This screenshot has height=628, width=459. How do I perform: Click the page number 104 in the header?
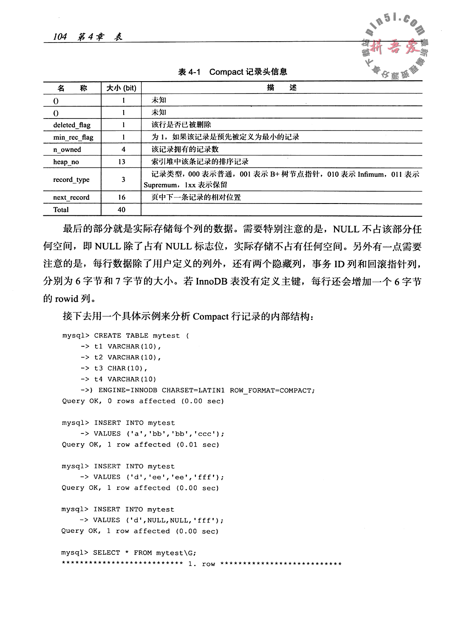pos(60,37)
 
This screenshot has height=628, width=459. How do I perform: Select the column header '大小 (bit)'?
pos(121,88)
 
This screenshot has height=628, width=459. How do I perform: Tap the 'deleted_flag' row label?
pos(72,125)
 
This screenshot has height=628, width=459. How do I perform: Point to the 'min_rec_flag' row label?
pos(73,137)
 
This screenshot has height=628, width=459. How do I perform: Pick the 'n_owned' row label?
pos(67,150)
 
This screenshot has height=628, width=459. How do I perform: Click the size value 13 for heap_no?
pos(122,161)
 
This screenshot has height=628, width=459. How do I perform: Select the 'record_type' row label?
pos(71,179)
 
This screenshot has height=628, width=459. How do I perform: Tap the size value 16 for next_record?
pos(122,197)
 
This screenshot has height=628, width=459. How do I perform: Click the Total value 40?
pos(122,209)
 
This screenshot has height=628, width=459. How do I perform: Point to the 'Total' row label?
pos(61,209)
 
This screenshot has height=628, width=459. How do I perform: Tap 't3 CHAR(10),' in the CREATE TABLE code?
pos(121,368)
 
